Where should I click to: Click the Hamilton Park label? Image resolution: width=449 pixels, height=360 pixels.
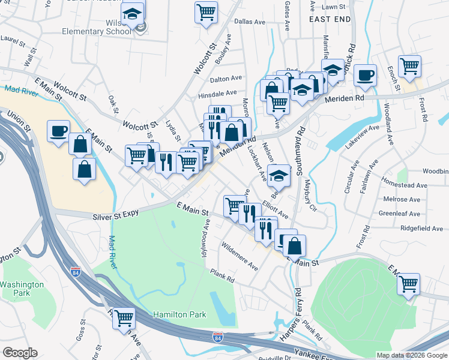tap(179, 314)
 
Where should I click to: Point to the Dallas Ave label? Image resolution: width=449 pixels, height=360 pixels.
tap(250, 22)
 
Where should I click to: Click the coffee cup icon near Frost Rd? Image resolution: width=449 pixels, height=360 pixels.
tap(365, 76)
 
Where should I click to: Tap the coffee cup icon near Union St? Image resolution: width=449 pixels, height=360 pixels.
tap(58, 131)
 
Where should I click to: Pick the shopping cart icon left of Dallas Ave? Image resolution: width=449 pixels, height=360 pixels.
tap(206, 12)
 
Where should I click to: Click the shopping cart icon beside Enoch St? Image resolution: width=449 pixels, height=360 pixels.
tap(409, 67)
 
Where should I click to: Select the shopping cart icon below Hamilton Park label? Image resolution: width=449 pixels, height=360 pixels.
tap(124, 317)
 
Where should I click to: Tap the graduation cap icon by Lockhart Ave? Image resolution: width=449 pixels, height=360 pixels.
tap(278, 175)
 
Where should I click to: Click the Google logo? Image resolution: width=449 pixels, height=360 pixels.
tap(20, 353)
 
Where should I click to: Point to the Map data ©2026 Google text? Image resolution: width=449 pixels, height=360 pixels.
tap(411, 355)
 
